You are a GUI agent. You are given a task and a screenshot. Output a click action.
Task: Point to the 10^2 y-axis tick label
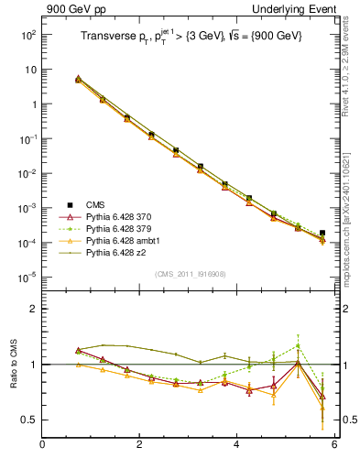point(27,34)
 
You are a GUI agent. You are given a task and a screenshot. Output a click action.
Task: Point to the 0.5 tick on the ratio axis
point(28,420)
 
